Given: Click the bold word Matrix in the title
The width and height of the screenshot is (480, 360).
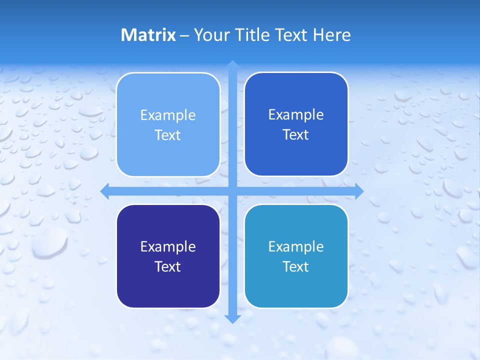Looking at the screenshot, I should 148,35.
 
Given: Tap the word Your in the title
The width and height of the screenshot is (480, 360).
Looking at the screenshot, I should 210,35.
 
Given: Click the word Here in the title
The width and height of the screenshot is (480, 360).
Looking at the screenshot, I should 332,35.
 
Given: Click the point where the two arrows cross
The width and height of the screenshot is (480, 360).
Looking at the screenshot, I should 232,191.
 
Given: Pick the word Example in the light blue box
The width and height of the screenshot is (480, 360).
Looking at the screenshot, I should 168,115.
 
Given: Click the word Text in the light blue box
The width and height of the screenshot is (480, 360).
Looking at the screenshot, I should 168,135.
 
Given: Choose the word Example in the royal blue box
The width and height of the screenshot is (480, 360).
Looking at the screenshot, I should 296,115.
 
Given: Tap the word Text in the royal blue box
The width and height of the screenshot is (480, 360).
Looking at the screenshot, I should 296,135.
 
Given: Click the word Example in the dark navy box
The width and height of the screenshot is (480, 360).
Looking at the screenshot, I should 168,246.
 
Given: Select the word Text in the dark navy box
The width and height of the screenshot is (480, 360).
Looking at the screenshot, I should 168,266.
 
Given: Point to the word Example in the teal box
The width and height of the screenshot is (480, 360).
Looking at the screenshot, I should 296,246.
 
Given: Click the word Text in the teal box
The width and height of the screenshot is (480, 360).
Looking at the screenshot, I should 296,266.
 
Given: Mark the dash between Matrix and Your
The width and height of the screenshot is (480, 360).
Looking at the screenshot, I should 184,35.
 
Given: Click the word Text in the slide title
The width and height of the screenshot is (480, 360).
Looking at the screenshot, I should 291,35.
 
